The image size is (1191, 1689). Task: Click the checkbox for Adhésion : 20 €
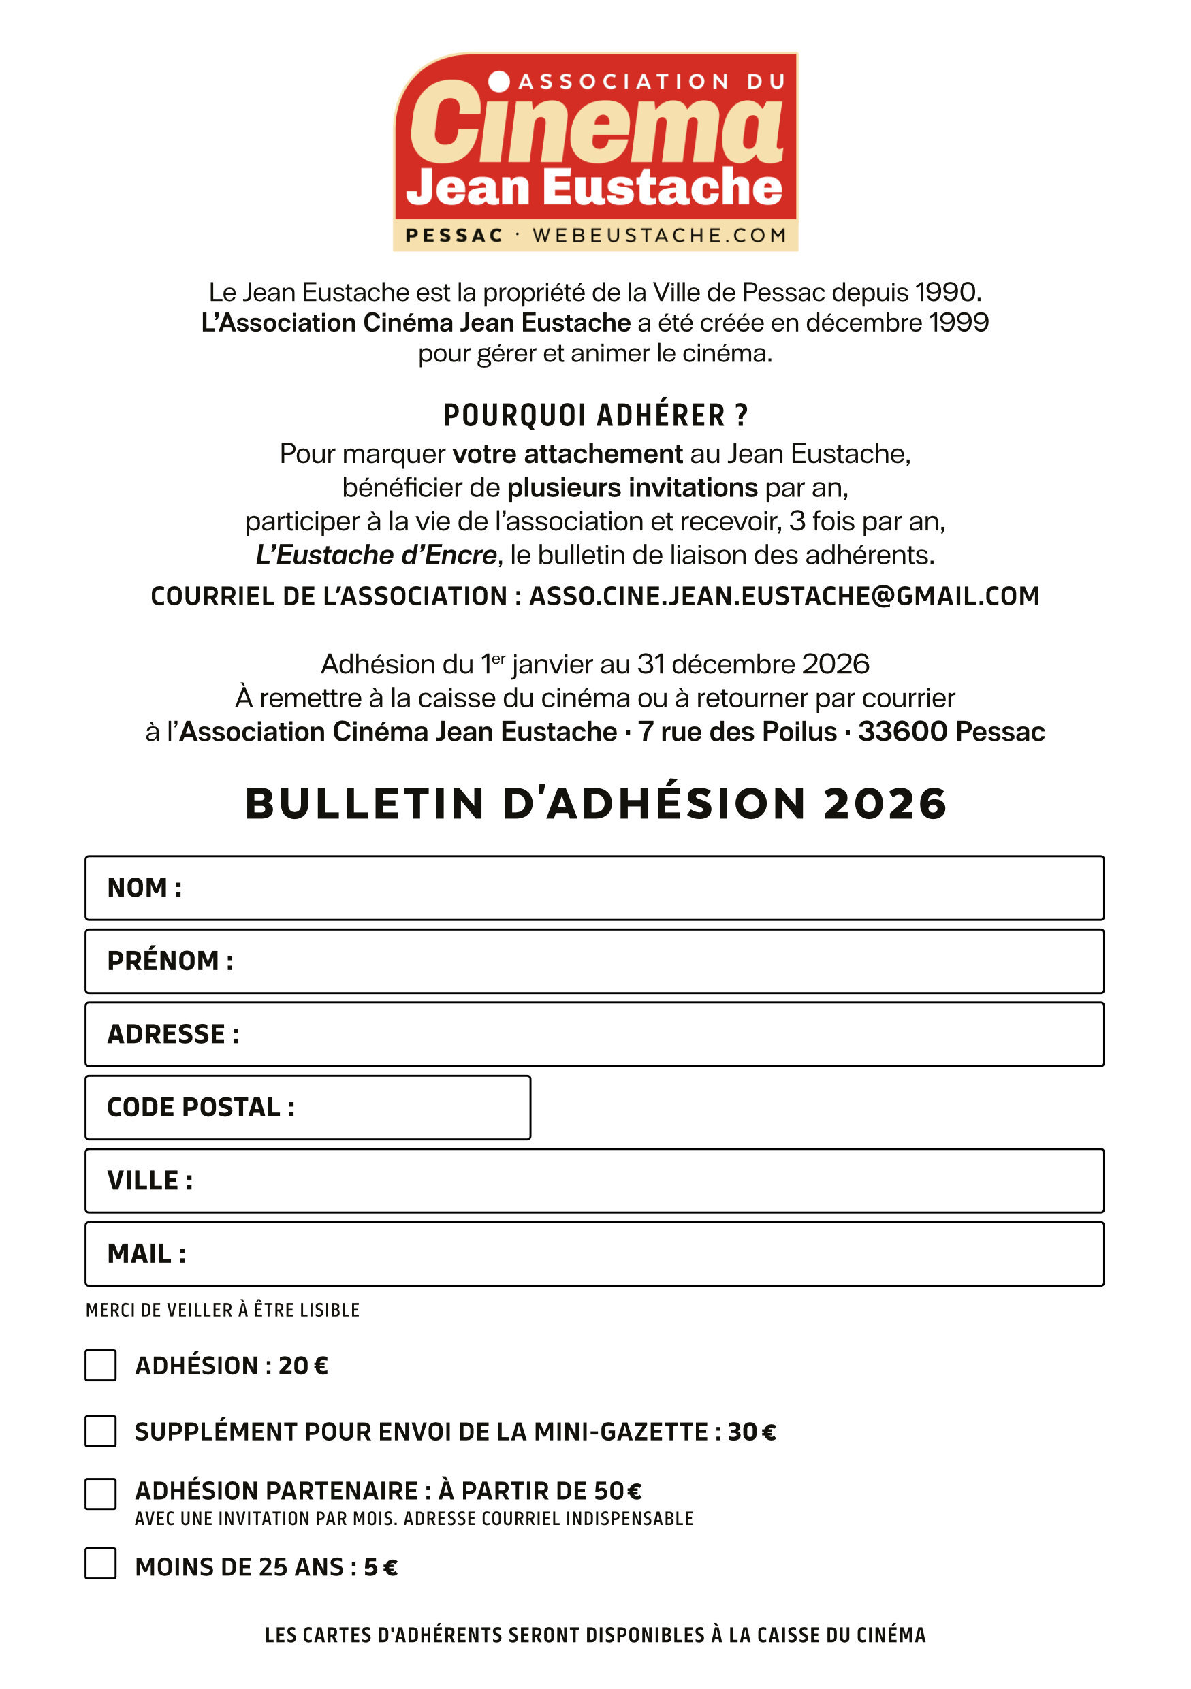(x=100, y=1366)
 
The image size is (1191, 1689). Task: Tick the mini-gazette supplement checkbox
(x=100, y=1432)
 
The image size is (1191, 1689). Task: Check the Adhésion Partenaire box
(x=100, y=1494)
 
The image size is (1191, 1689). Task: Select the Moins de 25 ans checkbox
(x=100, y=1564)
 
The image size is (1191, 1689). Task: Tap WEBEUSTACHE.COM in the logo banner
(x=659, y=236)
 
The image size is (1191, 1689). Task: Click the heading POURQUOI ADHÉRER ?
(x=595, y=416)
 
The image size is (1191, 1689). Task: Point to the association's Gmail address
(x=784, y=596)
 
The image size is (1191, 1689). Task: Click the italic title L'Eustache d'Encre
(x=377, y=555)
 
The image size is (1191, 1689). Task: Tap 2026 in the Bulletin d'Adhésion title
(x=885, y=803)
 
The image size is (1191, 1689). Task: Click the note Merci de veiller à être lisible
(x=223, y=1310)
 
